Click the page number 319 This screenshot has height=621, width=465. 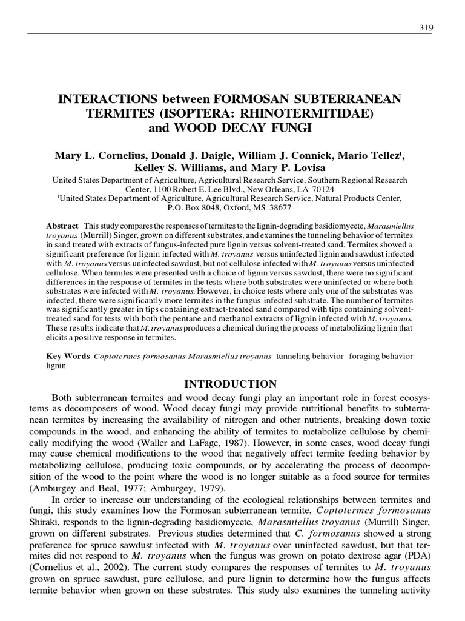(423, 28)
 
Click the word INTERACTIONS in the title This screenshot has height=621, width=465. (107, 98)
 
